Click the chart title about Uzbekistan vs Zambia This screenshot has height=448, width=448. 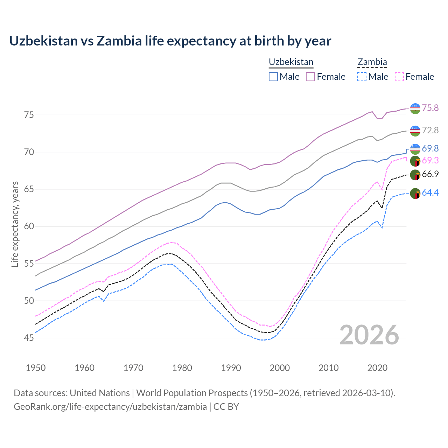click(x=170, y=41)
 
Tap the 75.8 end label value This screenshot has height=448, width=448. click(x=430, y=108)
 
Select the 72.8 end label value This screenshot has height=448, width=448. click(x=430, y=130)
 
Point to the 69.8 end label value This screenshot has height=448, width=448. click(x=430, y=148)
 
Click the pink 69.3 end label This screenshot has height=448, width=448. click(x=430, y=160)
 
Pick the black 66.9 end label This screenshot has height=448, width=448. click(x=430, y=174)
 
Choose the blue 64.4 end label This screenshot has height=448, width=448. click(x=430, y=192)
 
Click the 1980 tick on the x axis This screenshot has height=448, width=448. click(x=182, y=368)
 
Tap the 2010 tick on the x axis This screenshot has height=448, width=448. click(x=328, y=368)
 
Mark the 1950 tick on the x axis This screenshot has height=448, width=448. click(x=36, y=368)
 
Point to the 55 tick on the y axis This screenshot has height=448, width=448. click(x=29, y=264)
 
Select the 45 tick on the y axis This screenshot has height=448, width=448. click(x=29, y=338)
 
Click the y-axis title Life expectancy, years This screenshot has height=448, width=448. click(x=15, y=224)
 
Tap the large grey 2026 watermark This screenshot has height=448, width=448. click(x=369, y=335)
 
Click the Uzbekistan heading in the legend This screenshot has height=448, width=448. click(x=291, y=62)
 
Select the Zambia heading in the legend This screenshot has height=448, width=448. click(x=372, y=62)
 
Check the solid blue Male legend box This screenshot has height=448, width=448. click(x=273, y=77)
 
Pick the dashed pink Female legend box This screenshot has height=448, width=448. click(x=399, y=77)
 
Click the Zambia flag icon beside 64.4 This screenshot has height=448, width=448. click(x=415, y=193)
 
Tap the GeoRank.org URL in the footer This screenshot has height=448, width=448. click(x=110, y=407)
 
